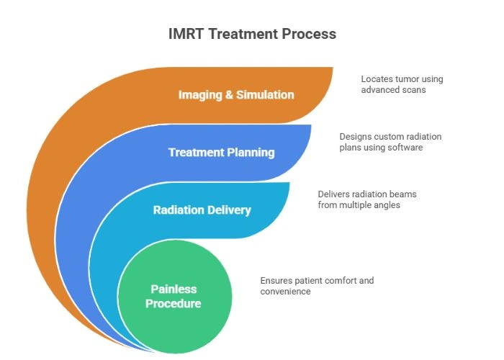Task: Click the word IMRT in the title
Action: coord(189,34)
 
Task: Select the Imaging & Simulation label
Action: coord(237,94)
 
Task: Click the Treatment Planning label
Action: coord(221,152)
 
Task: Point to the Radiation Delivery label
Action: coord(202,210)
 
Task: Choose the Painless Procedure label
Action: coord(174,296)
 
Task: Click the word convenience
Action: coord(286,291)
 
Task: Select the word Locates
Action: coord(377,78)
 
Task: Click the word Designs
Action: coord(355,136)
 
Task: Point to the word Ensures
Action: coord(276,280)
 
